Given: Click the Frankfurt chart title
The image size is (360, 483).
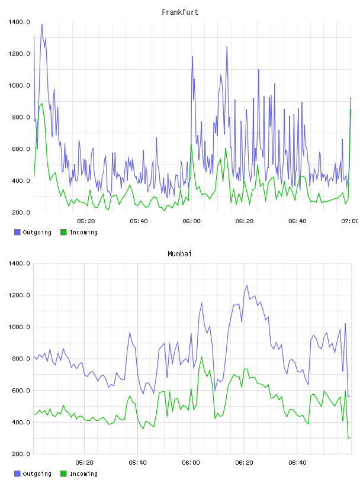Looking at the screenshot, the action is [180, 12].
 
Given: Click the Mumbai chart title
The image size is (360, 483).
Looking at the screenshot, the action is [179, 254].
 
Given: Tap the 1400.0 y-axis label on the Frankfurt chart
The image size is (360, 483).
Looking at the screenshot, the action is [19, 22].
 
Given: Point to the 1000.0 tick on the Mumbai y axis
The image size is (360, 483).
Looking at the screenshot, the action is [19, 327].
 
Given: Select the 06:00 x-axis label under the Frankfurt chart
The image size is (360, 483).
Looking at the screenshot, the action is [191, 221].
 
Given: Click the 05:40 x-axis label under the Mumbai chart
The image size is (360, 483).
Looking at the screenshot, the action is [138, 463].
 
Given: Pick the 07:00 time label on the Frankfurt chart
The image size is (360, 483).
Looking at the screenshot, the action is [350, 221].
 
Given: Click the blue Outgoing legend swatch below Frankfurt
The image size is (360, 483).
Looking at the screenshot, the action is [17, 232].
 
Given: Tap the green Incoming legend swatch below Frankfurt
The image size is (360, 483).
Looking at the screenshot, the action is [63, 232].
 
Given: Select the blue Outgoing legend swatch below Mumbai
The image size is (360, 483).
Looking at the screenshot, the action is [17, 474].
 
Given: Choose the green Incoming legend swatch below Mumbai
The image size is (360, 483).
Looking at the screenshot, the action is [63, 474].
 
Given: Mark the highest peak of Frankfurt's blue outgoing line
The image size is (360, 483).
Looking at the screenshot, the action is [42, 25].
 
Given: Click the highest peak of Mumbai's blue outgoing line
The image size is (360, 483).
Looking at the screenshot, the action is [246, 285].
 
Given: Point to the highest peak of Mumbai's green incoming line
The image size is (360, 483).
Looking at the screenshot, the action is [201, 358].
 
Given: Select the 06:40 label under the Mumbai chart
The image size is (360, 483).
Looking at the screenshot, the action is [297, 463].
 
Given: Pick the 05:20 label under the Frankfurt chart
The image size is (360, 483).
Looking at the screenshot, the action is [86, 221].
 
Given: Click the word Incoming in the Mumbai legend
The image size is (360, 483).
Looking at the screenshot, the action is [83, 474].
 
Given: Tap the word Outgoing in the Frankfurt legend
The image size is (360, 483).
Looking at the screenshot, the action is [37, 233].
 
